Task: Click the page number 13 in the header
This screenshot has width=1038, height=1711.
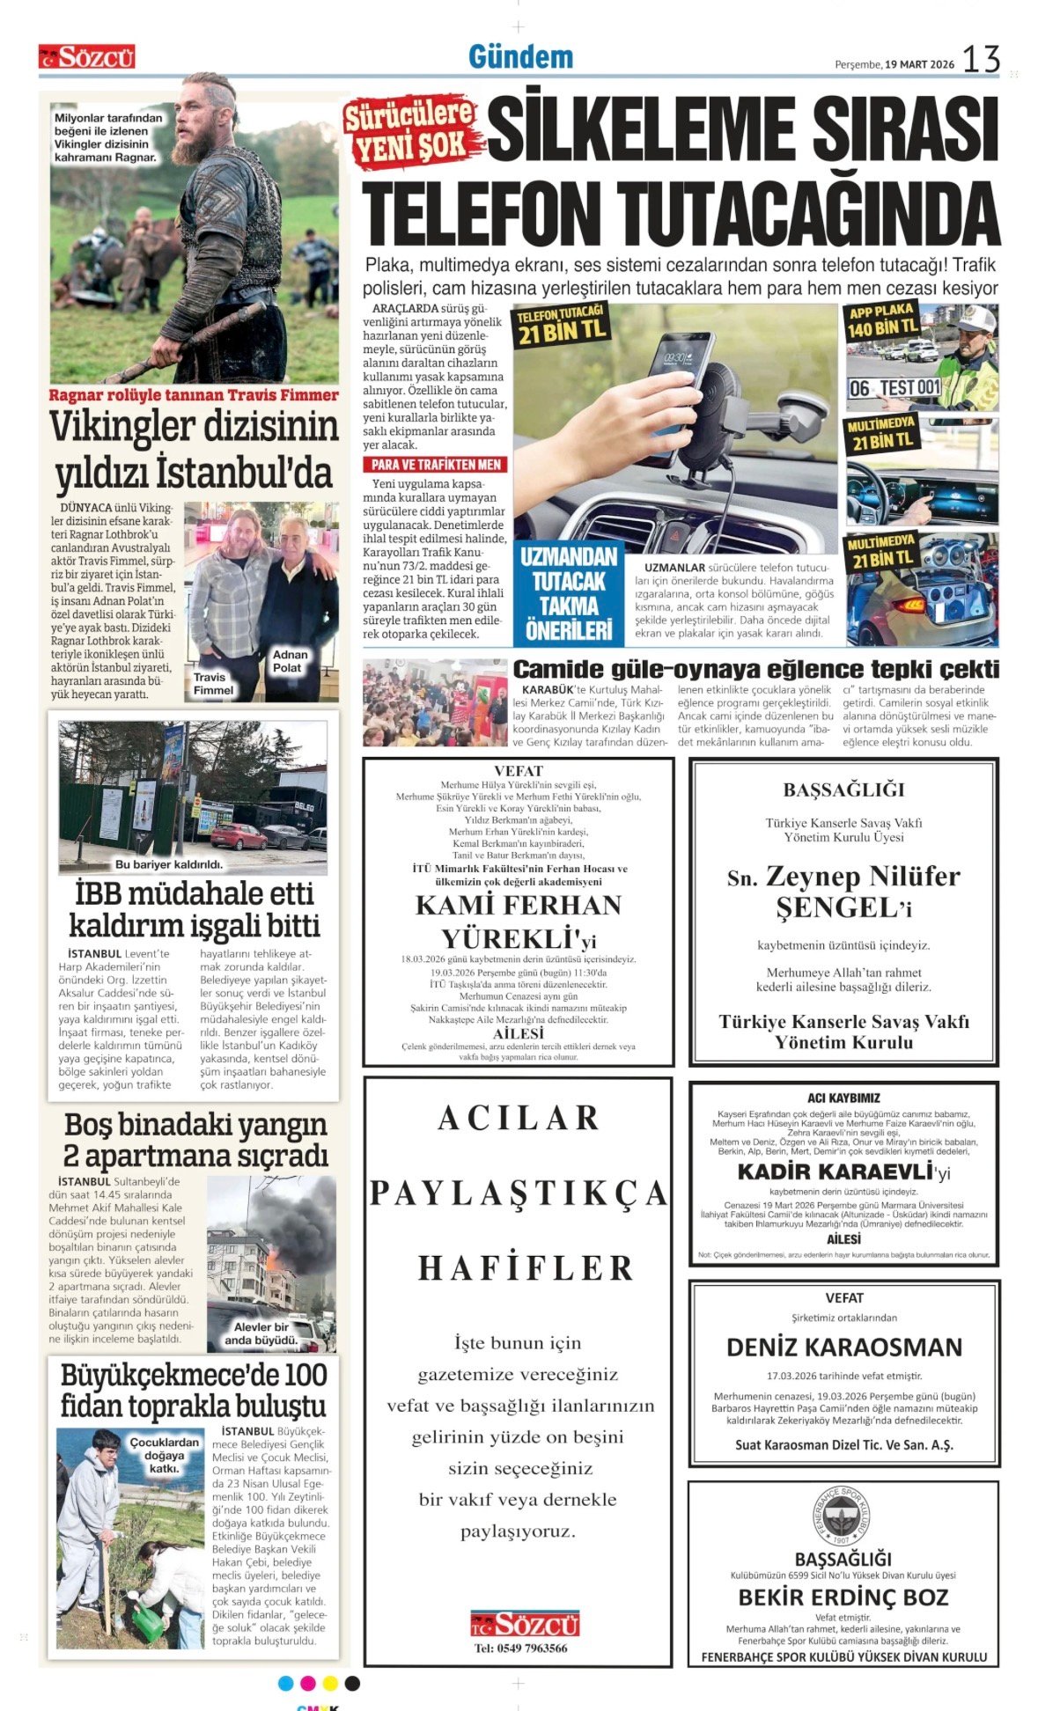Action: pyautogui.click(x=981, y=60)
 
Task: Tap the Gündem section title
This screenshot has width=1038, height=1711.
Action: pyautogui.click(x=520, y=57)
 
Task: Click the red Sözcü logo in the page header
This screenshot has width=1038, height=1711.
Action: pyautogui.click(x=86, y=57)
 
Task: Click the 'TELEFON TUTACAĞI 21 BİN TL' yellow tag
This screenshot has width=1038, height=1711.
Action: pyautogui.click(x=562, y=324)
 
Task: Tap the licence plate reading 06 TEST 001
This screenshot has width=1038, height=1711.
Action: pyautogui.click(x=894, y=388)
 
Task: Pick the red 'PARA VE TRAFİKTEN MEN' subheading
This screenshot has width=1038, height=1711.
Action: pyautogui.click(x=435, y=465)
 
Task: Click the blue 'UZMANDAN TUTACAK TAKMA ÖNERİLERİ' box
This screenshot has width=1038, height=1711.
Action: pyautogui.click(x=568, y=593)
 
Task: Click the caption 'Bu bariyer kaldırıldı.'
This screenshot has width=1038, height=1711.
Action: pyautogui.click(x=169, y=864)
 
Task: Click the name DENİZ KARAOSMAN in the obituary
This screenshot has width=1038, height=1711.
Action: pyautogui.click(x=843, y=1348)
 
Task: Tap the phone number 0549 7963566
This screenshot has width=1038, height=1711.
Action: pyautogui.click(x=520, y=1649)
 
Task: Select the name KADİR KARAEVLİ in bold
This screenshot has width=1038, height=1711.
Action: pyautogui.click(x=835, y=1171)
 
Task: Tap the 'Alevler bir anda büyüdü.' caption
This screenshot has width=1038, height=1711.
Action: pyautogui.click(x=261, y=1333)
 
